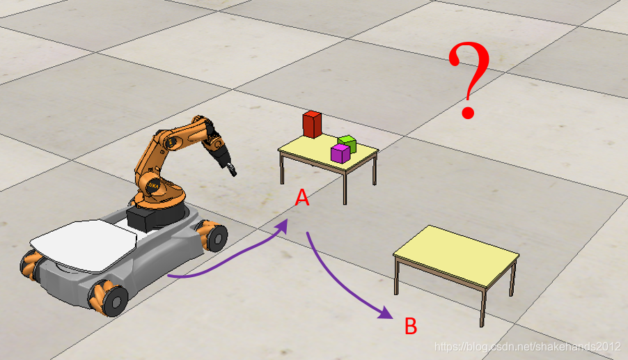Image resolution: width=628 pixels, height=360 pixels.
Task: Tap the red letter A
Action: (302, 198)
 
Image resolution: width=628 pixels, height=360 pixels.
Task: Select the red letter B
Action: (411, 326)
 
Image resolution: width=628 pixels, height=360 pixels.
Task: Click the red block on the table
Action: (312, 125)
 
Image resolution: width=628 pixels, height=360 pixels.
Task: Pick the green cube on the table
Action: (347, 143)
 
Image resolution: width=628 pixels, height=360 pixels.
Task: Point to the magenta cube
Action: (340, 154)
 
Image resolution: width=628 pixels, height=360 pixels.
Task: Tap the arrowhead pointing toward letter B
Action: (386, 313)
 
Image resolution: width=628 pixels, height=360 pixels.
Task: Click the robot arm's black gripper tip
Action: (232, 170)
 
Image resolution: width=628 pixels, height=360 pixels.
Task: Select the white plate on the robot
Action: (84, 246)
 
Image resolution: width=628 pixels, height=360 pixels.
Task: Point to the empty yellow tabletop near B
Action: (456, 256)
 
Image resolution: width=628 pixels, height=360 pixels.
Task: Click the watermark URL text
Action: (528, 347)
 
